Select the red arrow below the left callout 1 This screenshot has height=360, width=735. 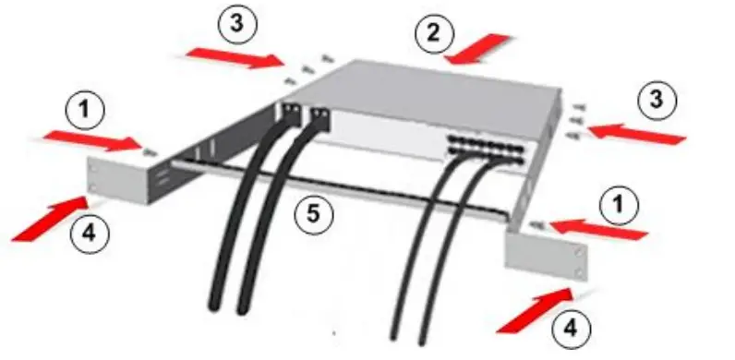(x=92, y=140)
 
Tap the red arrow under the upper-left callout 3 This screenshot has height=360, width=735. (x=235, y=57)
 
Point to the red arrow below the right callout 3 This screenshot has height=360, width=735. (x=637, y=134)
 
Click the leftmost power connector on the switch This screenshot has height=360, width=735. (x=290, y=114)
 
